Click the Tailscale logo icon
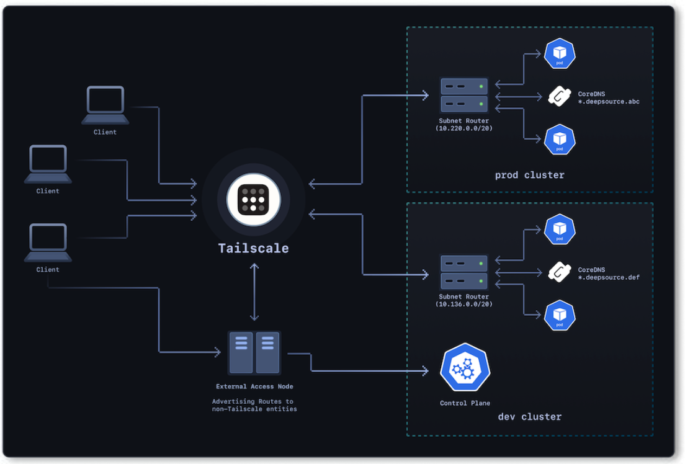point(253,200)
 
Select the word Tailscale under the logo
point(253,248)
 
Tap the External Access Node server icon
point(254,352)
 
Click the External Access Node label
point(254,386)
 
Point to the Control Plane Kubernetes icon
point(465,367)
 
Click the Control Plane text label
point(465,403)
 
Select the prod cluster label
point(529,175)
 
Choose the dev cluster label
point(529,416)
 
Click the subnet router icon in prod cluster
point(464,95)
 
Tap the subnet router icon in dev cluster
point(464,272)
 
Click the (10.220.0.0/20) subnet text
point(464,128)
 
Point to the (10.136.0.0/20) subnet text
point(464,304)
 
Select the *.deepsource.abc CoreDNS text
point(609,101)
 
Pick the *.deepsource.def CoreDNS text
point(609,277)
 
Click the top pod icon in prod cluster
point(560,54)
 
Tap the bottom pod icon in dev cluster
point(560,316)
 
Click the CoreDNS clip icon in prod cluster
point(559,96)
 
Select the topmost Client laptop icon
point(105,105)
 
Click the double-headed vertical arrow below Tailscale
point(254,292)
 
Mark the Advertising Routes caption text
point(254,405)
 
